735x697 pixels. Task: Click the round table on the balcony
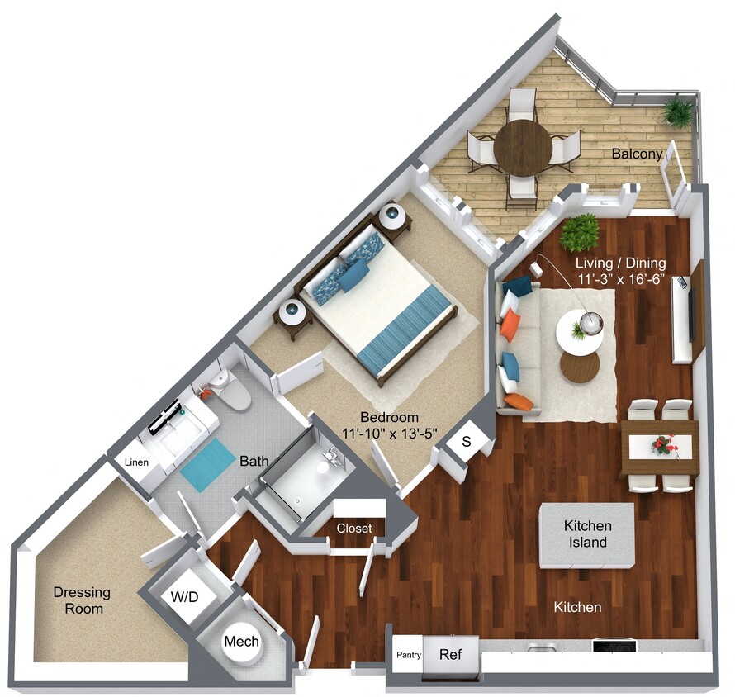523,148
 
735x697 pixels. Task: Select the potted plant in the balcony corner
679,111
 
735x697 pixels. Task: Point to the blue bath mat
209,465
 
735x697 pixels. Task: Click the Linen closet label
136,462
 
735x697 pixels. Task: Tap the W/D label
183,596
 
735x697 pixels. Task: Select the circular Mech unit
242,642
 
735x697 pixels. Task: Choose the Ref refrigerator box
450,655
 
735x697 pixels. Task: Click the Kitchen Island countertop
587,534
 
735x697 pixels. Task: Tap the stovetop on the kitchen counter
614,646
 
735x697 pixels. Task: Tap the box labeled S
466,442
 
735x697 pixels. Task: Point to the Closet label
353,529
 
